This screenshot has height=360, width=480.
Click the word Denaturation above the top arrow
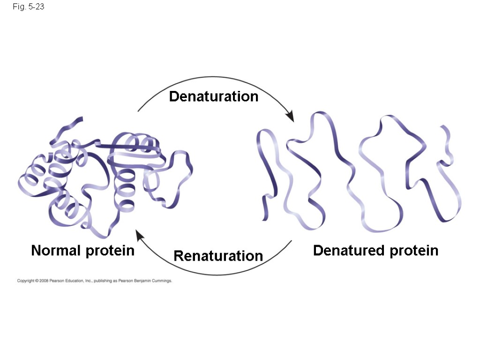214,97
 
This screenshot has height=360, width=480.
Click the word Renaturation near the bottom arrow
218,256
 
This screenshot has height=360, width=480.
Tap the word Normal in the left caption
56,251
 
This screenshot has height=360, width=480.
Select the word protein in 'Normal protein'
110,251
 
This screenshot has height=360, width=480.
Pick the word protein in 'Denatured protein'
412,251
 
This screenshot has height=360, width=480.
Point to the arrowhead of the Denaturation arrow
291,117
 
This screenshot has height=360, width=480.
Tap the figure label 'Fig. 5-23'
29,7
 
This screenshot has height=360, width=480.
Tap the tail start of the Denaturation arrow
138,111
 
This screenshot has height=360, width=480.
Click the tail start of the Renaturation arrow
292,241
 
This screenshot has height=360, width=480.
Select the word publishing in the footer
102,281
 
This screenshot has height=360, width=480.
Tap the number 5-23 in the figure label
36,7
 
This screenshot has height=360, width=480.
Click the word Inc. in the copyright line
88,281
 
